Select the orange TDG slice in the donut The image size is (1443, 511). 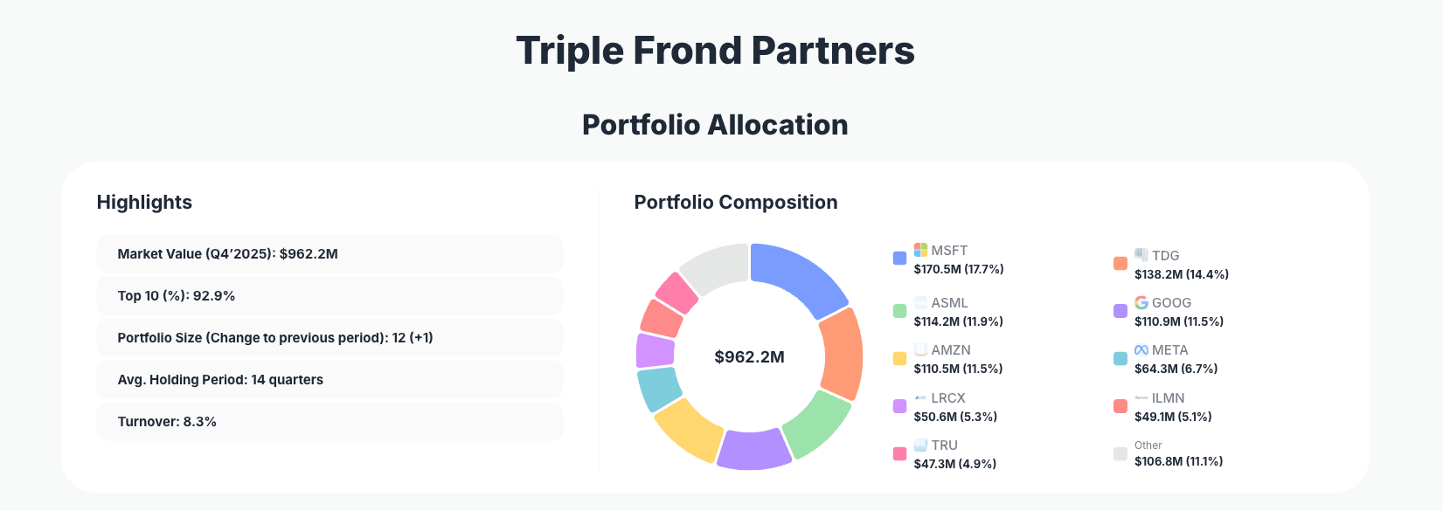tap(841, 354)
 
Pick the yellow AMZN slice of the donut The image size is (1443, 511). tap(688, 429)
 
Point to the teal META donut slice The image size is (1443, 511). tap(658, 389)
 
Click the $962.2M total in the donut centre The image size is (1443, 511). tap(749, 356)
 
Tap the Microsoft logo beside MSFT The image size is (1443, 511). tap(920, 250)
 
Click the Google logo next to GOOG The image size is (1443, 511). tap(1141, 302)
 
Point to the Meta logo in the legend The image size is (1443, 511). tap(1141, 349)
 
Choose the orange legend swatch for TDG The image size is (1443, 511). tap(1120, 263)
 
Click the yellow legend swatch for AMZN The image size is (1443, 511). tap(899, 358)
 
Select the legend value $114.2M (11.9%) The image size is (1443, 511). tap(958, 321)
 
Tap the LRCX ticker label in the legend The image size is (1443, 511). tap(947, 397)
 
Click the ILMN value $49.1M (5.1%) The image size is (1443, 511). tap(1173, 417)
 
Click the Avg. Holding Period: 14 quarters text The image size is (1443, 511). tap(220, 379)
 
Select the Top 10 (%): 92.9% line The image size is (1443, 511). tap(177, 295)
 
